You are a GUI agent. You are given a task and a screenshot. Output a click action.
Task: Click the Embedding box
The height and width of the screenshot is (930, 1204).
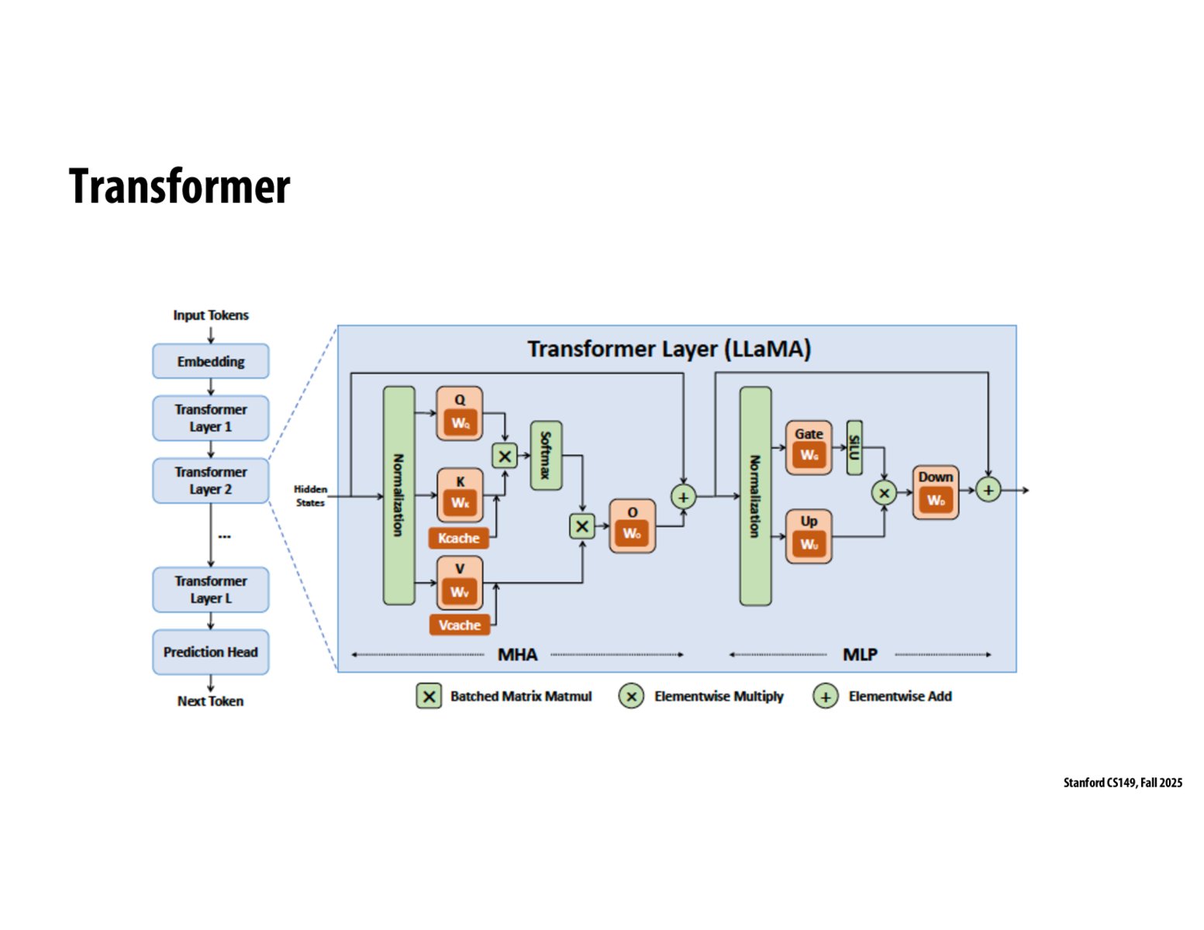point(211,361)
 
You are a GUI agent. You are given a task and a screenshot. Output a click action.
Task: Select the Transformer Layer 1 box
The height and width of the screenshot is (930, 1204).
point(211,418)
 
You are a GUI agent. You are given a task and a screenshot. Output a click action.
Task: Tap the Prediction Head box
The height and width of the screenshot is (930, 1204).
point(211,652)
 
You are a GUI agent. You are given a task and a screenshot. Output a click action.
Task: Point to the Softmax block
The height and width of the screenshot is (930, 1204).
point(546,455)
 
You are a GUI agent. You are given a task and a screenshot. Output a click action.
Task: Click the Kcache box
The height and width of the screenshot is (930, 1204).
point(459,538)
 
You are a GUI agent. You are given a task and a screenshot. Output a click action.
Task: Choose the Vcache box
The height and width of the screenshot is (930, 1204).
point(459,625)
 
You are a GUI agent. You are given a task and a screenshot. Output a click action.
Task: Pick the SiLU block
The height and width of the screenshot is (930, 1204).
point(854,447)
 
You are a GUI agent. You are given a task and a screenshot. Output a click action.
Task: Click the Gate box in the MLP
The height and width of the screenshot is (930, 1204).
point(809,447)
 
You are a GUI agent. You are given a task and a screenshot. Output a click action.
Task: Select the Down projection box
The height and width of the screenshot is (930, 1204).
point(935,492)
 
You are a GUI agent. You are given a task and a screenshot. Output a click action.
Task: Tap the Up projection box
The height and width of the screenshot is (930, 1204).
point(809,536)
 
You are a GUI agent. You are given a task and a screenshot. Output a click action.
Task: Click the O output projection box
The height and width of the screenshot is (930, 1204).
point(632,526)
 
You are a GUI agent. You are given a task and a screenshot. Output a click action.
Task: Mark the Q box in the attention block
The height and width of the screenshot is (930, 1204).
point(459,413)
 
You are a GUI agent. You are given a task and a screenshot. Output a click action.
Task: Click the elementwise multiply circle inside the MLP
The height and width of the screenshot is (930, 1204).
point(884,492)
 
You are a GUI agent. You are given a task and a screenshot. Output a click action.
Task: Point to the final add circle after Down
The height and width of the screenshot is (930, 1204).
point(988,490)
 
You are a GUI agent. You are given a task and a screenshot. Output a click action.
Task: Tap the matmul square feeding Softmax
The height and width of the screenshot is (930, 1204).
point(505,456)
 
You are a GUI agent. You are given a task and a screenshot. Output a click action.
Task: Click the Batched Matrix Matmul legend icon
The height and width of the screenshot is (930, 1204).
point(429,696)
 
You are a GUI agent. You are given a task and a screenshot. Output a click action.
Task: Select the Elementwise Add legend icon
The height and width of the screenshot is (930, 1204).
point(825,696)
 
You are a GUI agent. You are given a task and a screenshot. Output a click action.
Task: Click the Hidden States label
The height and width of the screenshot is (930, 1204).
point(310,496)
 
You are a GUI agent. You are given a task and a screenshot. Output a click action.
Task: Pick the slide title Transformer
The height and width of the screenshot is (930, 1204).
point(180,186)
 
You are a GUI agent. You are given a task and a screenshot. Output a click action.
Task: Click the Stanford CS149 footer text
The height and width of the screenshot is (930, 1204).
point(1123,783)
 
